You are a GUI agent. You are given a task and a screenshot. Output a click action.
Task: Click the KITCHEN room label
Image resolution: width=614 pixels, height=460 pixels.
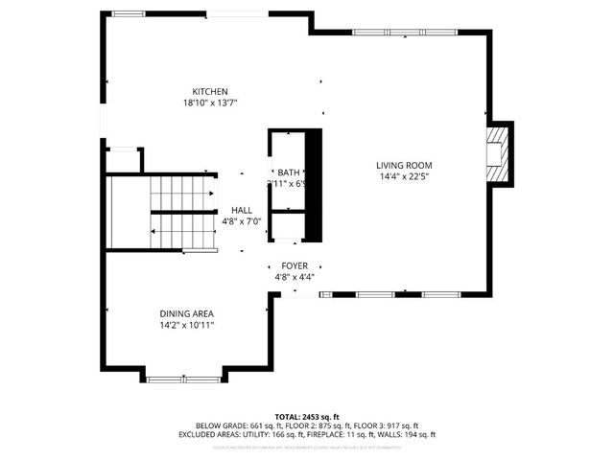(x=209, y=92)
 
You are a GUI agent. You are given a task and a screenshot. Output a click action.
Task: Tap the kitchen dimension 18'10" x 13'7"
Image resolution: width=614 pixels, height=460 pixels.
(x=209, y=103)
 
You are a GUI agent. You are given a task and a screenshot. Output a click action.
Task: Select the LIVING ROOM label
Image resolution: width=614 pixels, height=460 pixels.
(x=404, y=166)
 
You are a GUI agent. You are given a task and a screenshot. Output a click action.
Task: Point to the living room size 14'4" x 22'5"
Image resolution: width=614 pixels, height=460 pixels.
(x=404, y=177)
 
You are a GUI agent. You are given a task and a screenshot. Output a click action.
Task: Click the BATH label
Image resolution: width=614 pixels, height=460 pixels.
(x=288, y=172)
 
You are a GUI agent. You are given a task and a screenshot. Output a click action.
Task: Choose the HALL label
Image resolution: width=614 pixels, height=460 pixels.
(x=242, y=209)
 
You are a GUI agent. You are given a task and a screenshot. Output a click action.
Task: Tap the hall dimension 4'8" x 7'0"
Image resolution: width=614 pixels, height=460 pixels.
(x=242, y=220)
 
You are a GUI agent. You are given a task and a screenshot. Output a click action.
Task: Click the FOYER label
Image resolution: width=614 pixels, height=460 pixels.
(x=295, y=265)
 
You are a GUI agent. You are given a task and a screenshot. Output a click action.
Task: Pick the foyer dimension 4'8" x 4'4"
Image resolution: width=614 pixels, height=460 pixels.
(x=295, y=277)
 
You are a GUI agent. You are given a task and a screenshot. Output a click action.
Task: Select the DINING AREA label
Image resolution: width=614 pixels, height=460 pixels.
(x=186, y=313)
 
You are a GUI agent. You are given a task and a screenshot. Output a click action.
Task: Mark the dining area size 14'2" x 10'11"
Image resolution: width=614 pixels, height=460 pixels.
(x=186, y=325)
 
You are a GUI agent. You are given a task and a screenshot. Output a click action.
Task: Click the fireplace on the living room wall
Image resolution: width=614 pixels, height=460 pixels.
(x=498, y=154)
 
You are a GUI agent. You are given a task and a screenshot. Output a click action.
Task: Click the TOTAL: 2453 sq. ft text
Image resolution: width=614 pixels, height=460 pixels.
(x=307, y=417)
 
